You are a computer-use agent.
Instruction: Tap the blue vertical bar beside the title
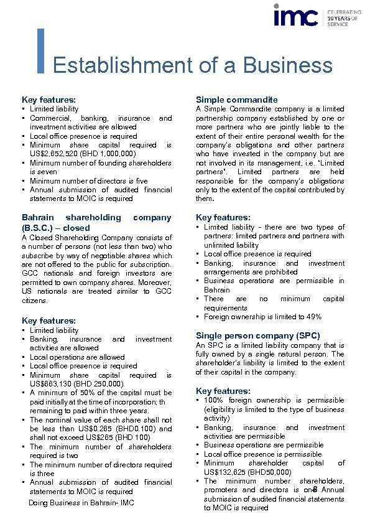click(41, 50)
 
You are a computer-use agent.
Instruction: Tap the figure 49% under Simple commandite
click(312, 317)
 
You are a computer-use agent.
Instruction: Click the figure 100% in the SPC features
click(215, 401)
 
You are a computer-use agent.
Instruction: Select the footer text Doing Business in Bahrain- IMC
click(81, 503)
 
